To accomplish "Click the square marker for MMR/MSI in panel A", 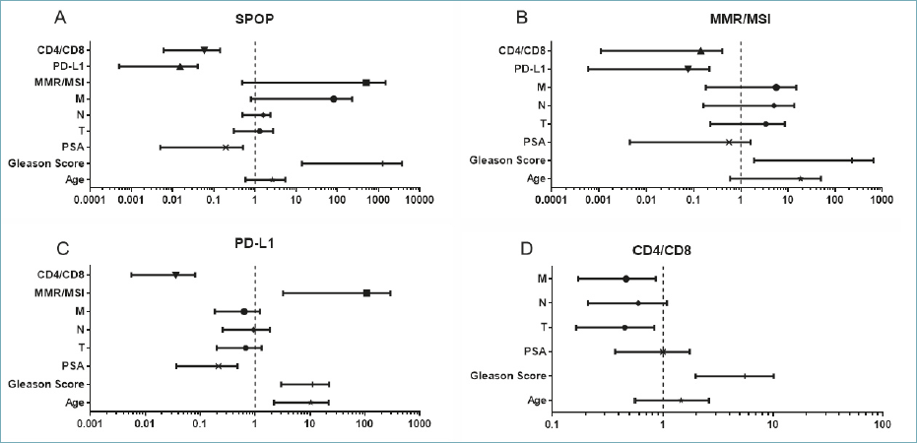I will pos(366,83).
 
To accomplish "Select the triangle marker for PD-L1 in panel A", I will pos(180,66).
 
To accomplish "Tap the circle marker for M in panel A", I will pos(334,98).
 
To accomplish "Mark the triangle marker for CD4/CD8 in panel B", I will pos(700,50).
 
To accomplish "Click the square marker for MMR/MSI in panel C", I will pos(366,292).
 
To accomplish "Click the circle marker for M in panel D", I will pos(626,279).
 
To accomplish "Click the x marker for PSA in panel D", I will pos(663,351).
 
